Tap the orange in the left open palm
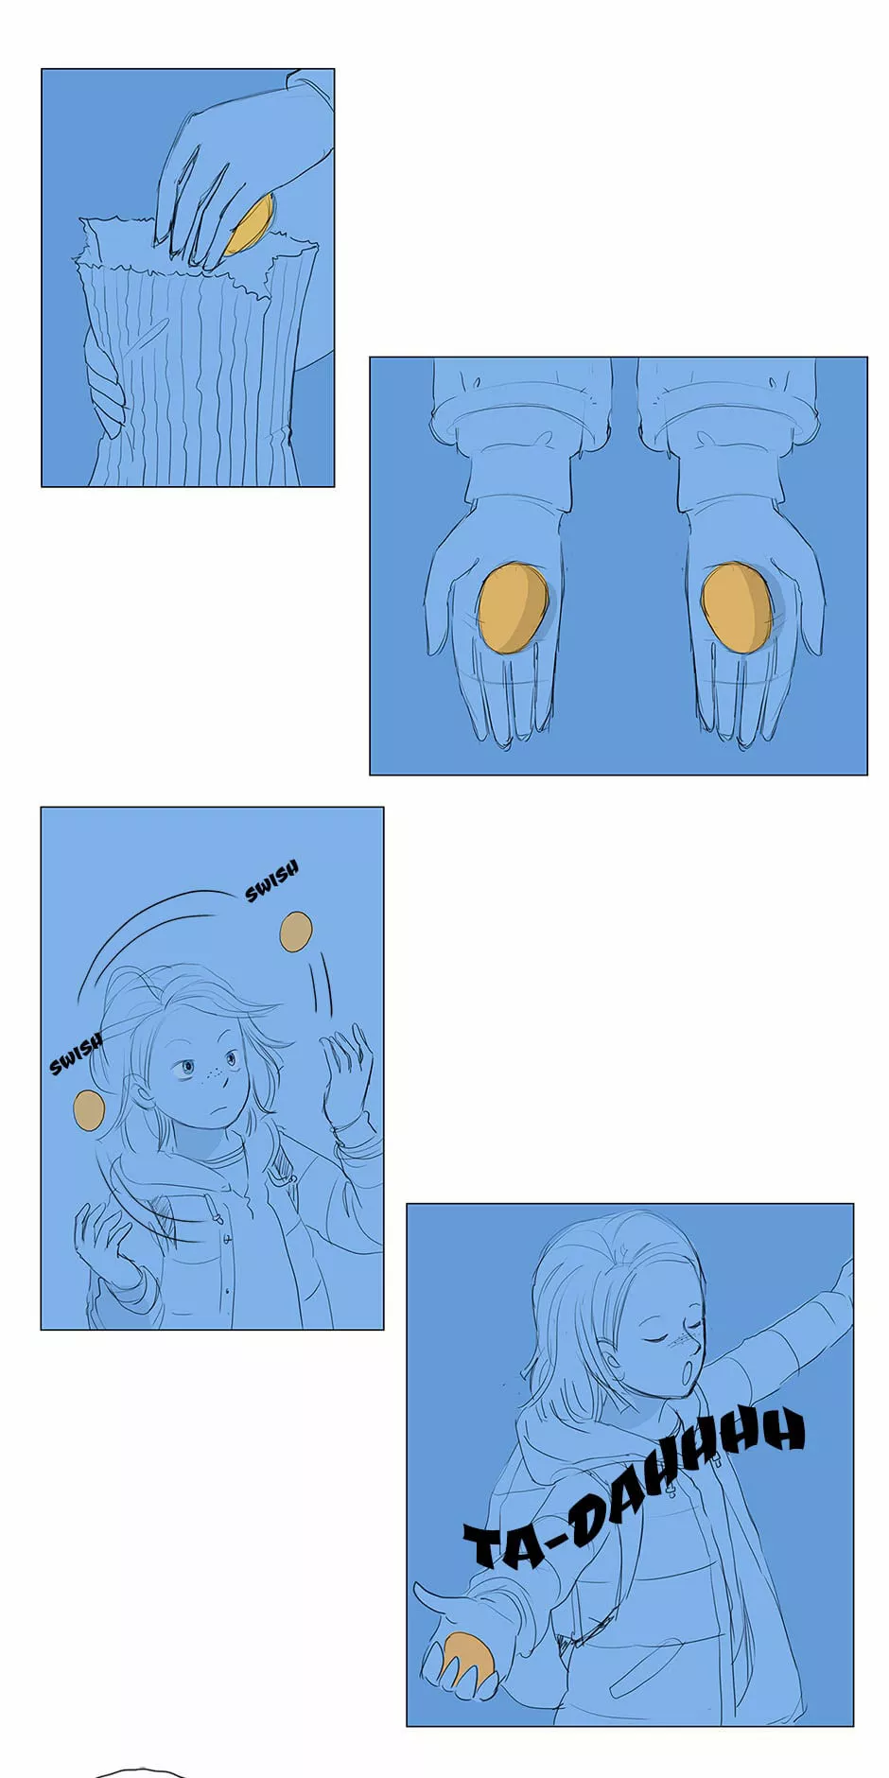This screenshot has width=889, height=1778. [x=512, y=608]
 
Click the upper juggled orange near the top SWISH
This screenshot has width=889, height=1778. [x=296, y=932]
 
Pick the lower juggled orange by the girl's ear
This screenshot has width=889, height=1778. [x=89, y=1109]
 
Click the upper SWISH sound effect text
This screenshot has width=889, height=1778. [x=272, y=880]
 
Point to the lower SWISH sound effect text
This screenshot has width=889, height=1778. [x=76, y=1054]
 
